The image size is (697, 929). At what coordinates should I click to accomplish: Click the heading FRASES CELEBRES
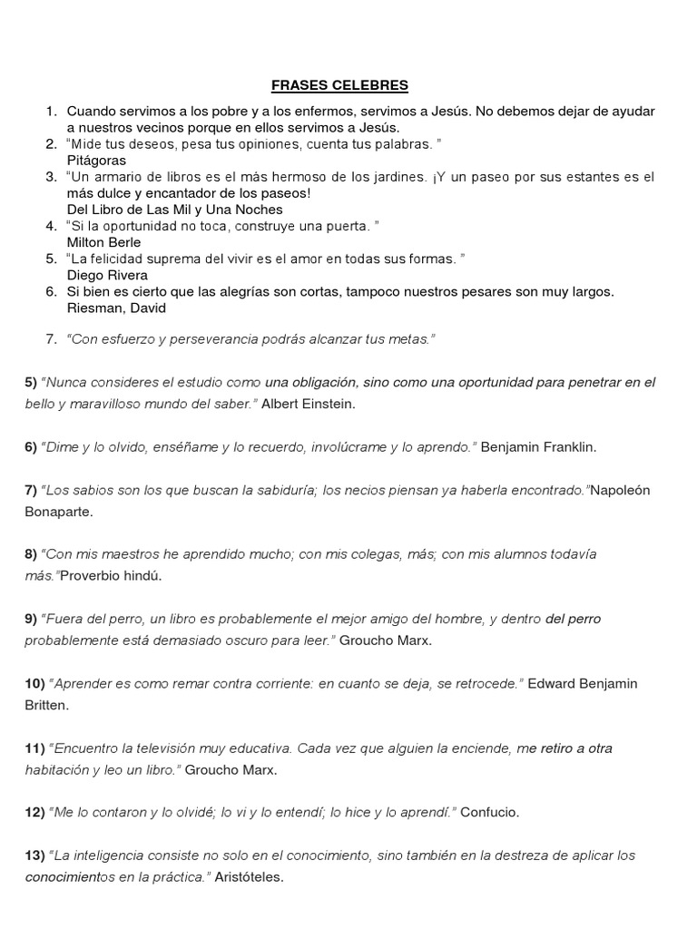(x=340, y=86)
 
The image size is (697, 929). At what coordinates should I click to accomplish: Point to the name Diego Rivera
(x=107, y=275)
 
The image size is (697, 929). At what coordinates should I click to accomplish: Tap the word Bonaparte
(x=58, y=511)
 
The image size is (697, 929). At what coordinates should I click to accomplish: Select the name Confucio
(x=490, y=812)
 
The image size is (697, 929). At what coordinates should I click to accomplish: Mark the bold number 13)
(x=34, y=856)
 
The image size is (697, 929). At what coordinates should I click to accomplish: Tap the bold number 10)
(x=34, y=683)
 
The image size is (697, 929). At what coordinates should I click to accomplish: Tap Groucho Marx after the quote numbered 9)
(x=387, y=640)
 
